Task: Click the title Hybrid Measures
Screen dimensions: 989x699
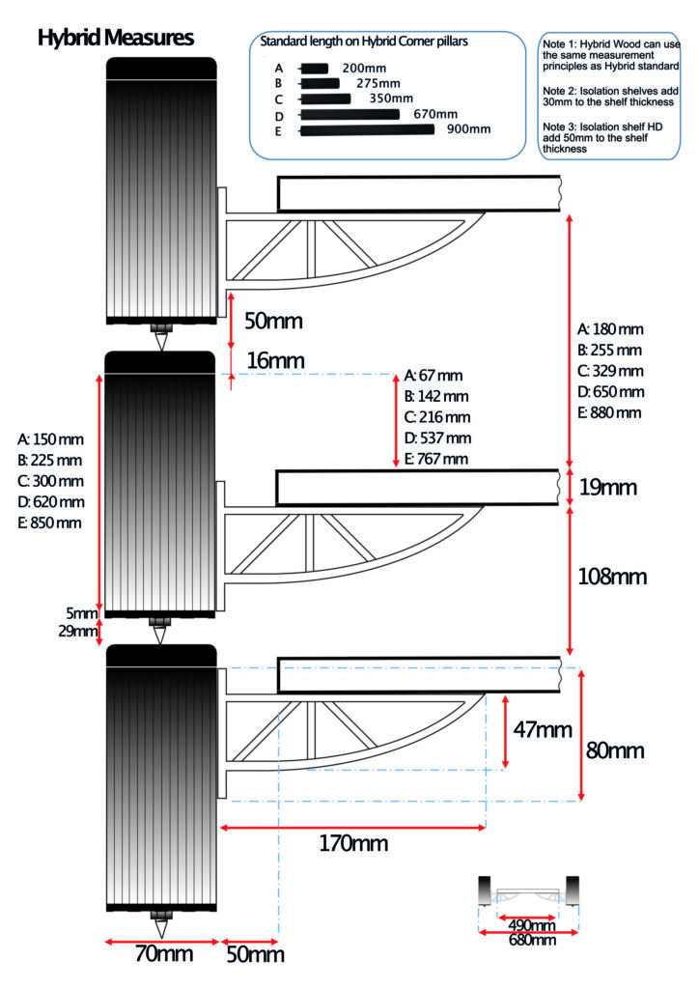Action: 116,38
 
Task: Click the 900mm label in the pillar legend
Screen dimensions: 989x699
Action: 468,129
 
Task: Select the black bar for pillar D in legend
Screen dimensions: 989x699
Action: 349,114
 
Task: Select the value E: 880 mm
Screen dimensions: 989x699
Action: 610,412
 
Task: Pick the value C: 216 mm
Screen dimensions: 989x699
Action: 437,417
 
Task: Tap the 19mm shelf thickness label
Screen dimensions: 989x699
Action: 607,488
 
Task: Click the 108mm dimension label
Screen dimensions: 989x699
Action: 613,577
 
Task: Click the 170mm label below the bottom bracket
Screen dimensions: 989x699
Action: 353,844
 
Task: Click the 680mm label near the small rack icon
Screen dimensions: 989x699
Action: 531,940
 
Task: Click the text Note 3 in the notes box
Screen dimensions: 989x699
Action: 558,127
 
